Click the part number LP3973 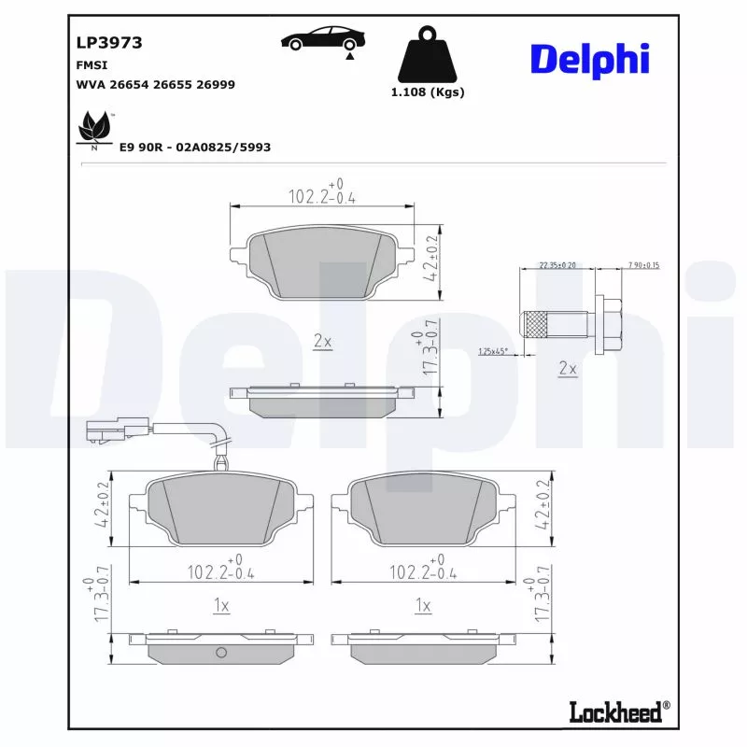pyautogui.click(x=108, y=42)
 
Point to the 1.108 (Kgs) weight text pyautogui.click(x=427, y=92)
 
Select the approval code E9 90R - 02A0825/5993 pyautogui.click(x=194, y=148)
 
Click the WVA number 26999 pyautogui.click(x=215, y=84)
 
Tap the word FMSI pyautogui.click(x=91, y=65)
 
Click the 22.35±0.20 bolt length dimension pyautogui.click(x=557, y=265)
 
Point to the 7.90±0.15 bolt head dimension pyautogui.click(x=643, y=265)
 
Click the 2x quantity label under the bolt pyautogui.click(x=567, y=369)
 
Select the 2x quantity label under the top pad pyautogui.click(x=322, y=342)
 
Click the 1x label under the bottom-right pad pyautogui.click(x=423, y=606)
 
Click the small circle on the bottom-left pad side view pyautogui.click(x=221, y=652)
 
